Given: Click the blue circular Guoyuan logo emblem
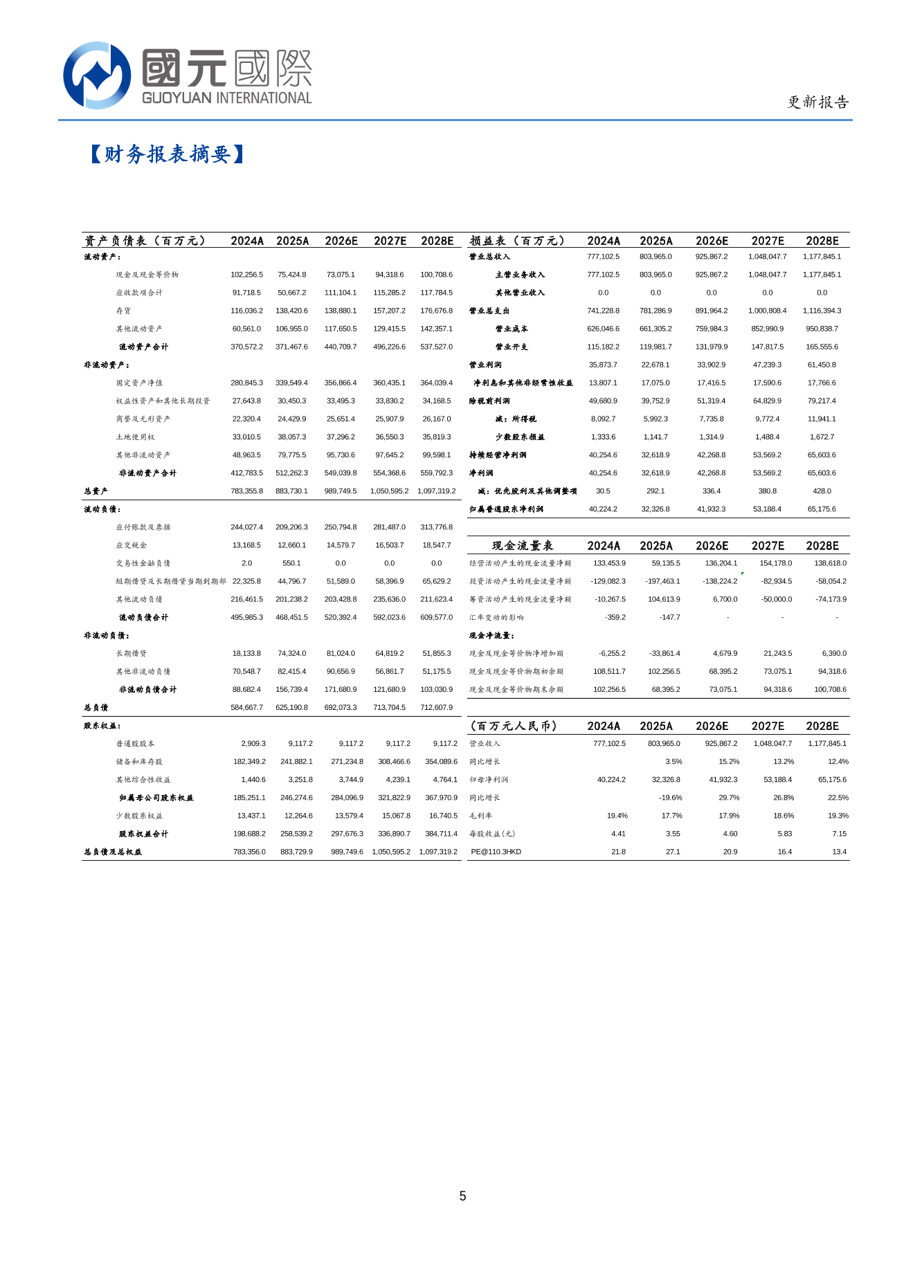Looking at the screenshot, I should coord(97,75).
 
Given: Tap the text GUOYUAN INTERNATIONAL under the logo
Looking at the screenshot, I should coord(226,98).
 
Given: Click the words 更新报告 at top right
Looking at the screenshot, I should coord(817,102).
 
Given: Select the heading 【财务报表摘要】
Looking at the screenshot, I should coord(167,154).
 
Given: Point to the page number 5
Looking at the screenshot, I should coord(462,1196).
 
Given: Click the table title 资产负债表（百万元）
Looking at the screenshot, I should coord(145,241).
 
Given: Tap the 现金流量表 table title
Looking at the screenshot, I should coord(522,546).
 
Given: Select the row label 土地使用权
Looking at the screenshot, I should coord(135,437).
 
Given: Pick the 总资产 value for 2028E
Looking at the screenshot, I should coord(436,491).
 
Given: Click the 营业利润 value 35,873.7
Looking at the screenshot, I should coord(603,365).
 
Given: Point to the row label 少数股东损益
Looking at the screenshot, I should coord(520,437).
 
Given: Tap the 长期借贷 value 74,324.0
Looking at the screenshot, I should coord(291,653).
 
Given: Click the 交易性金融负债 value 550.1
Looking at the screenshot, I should coord(291,563).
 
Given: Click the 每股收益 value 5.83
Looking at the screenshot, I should coord(784,834).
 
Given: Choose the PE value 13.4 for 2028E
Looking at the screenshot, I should coord(839,852).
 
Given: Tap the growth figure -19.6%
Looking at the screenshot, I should coord(670,798).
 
